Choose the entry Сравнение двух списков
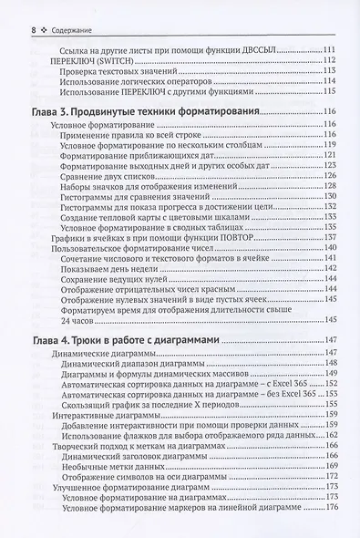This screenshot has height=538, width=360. tap(108, 176)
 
